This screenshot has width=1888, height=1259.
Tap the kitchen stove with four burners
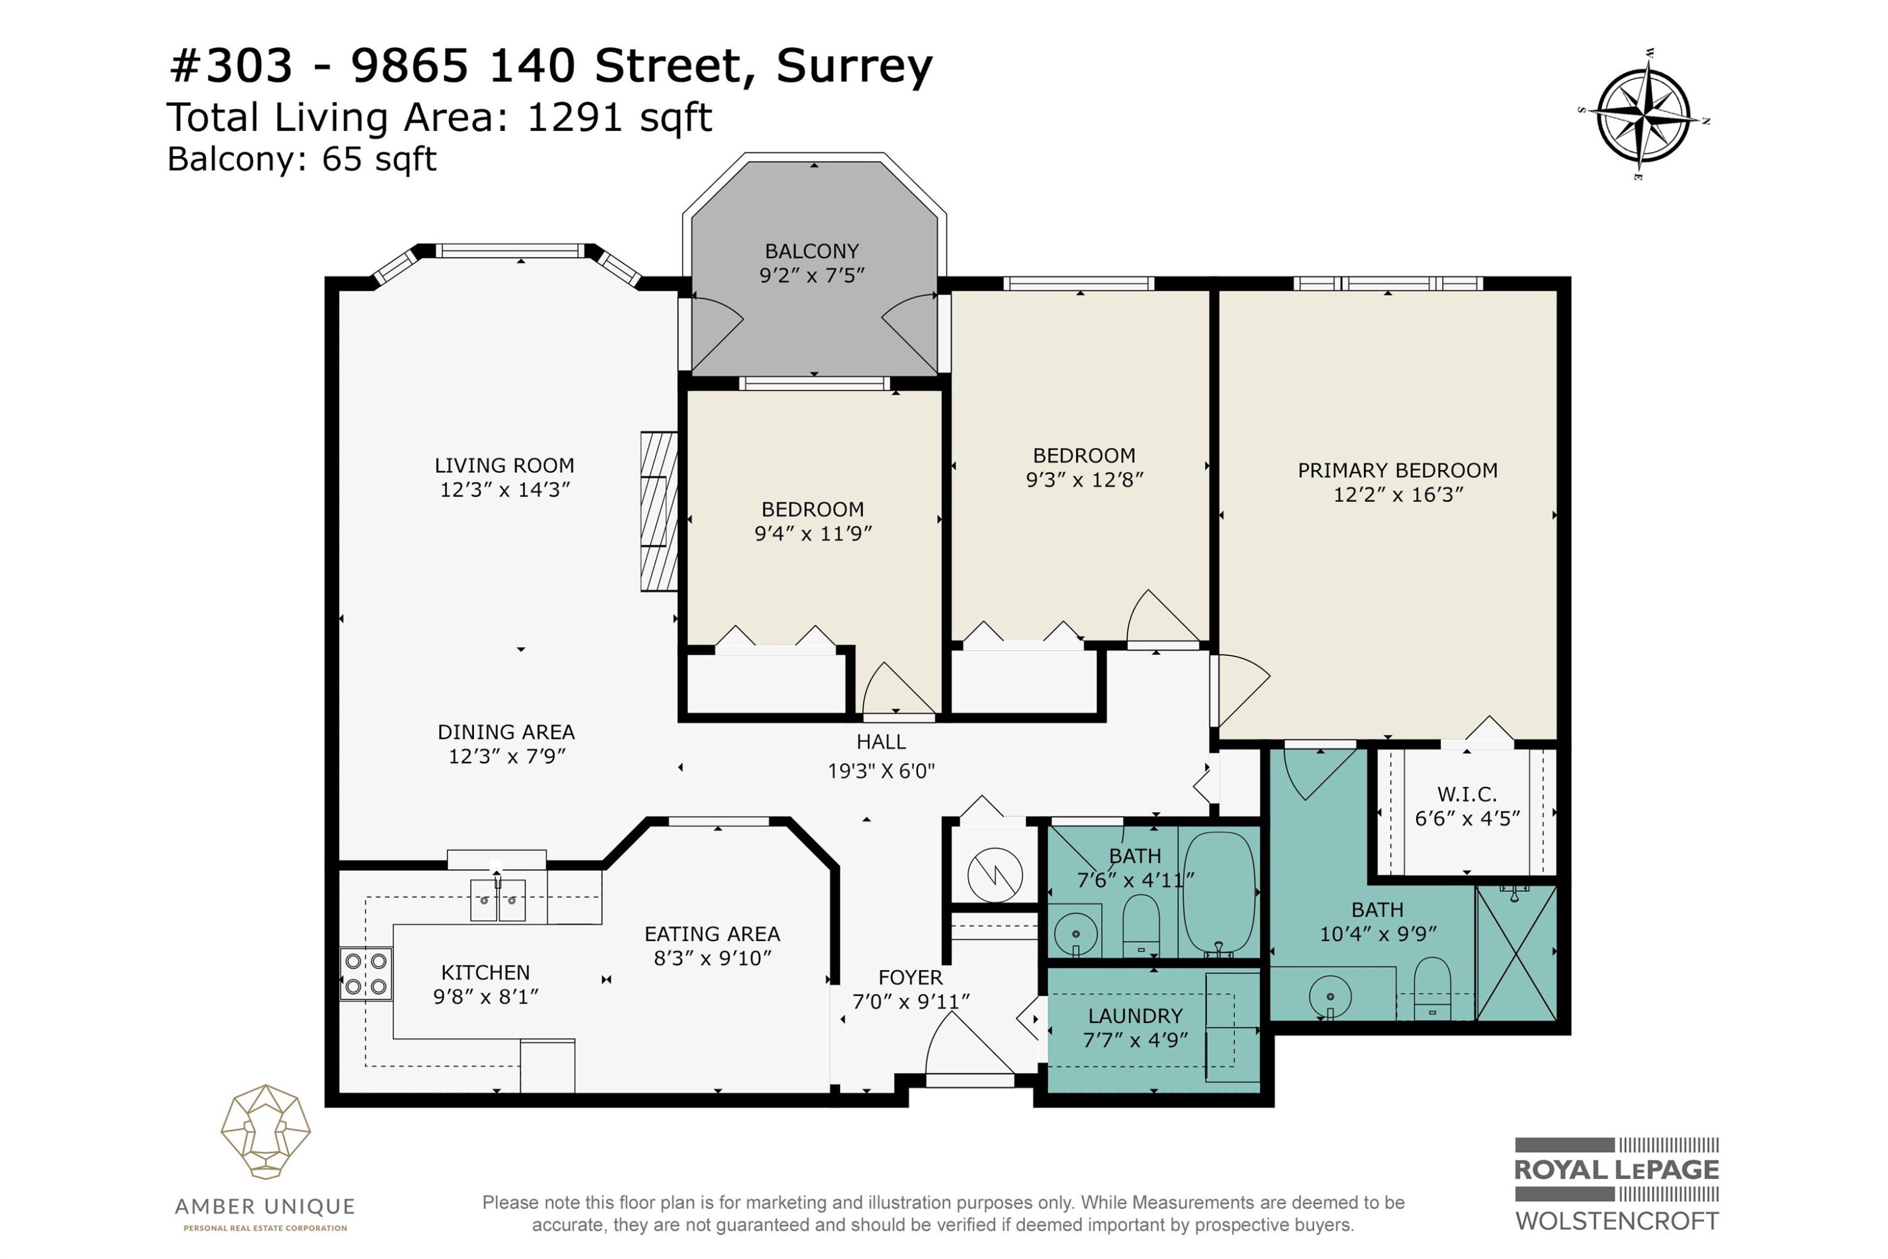(366, 973)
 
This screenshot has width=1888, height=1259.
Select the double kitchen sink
(498, 900)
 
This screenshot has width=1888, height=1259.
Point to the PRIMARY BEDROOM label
(1398, 470)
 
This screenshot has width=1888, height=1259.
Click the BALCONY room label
(812, 251)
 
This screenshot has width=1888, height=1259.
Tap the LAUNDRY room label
(1135, 1017)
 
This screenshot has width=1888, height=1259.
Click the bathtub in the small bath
(1218, 895)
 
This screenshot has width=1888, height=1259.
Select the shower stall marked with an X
(1516, 953)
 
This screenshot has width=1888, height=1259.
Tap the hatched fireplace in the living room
(659, 511)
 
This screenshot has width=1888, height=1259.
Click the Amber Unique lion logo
(266, 1132)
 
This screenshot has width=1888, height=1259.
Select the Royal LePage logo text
(1617, 1170)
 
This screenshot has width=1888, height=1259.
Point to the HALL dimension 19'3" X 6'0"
(882, 771)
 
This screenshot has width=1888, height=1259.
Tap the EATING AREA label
(712, 934)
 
